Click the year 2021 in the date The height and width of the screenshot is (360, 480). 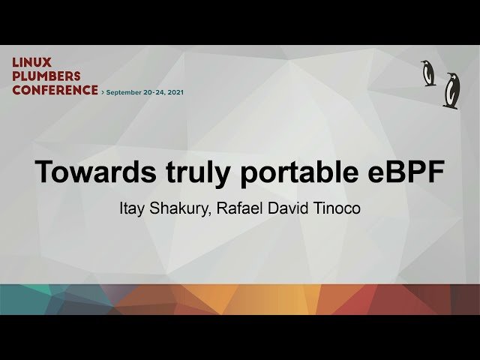[x=173, y=92]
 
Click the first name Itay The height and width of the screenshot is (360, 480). [x=133, y=208]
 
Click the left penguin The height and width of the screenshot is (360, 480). [x=428, y=73]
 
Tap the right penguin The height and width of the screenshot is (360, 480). [x=451, y=90]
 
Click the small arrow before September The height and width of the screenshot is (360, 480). [x=102, y=92]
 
